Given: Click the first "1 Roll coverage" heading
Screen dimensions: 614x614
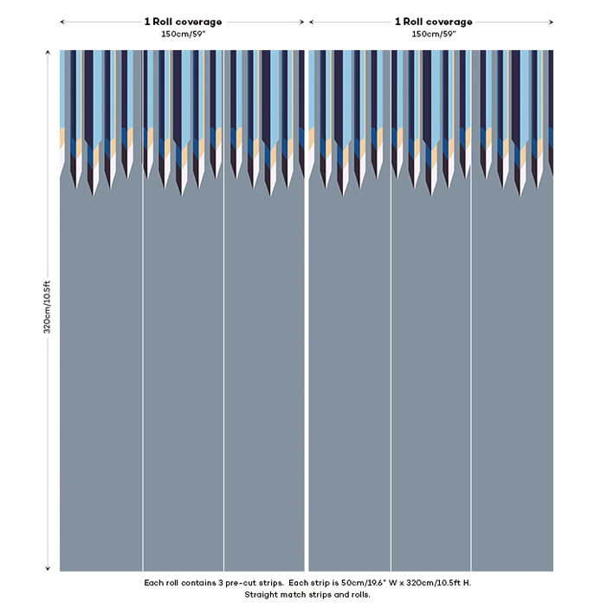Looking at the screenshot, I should tap(183, 22).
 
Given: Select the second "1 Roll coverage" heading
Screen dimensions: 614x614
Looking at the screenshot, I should tap(434, 22).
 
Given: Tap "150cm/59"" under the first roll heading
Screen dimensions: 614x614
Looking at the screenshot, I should tap(183, 34).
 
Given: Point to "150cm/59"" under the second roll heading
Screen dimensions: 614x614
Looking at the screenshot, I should tap(434, 34).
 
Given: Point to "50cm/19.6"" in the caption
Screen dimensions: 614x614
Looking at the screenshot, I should tap(364, 583).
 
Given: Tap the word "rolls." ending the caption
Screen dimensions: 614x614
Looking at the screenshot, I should tap(358, 595).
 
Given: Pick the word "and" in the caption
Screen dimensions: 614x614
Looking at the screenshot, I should tap(336, 595).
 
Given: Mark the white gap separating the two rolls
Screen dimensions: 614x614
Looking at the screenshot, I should tap(307, 346).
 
